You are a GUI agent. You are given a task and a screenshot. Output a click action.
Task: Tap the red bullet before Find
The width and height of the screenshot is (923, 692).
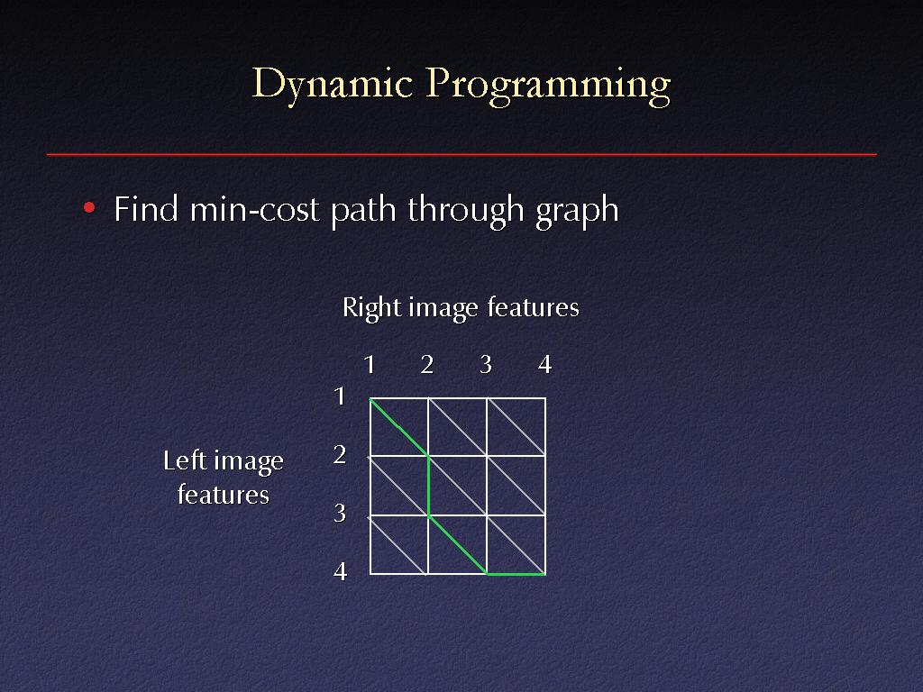(x=89, y=208)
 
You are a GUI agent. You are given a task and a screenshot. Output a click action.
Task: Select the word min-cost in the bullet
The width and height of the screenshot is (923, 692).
(x=254, y=209)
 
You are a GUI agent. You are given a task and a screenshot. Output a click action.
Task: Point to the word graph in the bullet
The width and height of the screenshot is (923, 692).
(x=578, y=211)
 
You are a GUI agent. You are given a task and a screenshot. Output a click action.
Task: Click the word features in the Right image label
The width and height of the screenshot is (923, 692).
(x=534, y=307)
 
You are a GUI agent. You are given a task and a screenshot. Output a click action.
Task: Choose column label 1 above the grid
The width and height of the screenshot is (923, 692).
(x=369, y=365)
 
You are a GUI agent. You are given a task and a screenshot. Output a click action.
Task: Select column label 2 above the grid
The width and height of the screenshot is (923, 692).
(x=427, y=365)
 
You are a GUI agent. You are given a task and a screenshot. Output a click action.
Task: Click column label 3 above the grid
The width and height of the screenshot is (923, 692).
(x=486, y=365)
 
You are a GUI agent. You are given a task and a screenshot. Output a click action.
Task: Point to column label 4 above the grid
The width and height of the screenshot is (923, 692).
(x=545, y=365)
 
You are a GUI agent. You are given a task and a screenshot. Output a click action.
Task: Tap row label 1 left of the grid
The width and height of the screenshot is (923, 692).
(x=340, y=396)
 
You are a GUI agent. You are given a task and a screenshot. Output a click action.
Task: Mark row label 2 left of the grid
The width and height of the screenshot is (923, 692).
(x=340, y=454)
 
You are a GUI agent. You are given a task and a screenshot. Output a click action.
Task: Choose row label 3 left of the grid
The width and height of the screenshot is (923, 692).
(x=340, y=513)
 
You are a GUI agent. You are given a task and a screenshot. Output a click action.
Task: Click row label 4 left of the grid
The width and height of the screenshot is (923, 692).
(x=340, y=571)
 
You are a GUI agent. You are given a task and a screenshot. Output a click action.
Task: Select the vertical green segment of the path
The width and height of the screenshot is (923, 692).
(x=428, y=486)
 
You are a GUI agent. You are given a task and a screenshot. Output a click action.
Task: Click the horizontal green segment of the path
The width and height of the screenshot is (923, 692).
(x=516, y=574)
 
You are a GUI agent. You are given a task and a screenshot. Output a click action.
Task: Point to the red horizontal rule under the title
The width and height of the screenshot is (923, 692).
(x=461, y=154)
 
